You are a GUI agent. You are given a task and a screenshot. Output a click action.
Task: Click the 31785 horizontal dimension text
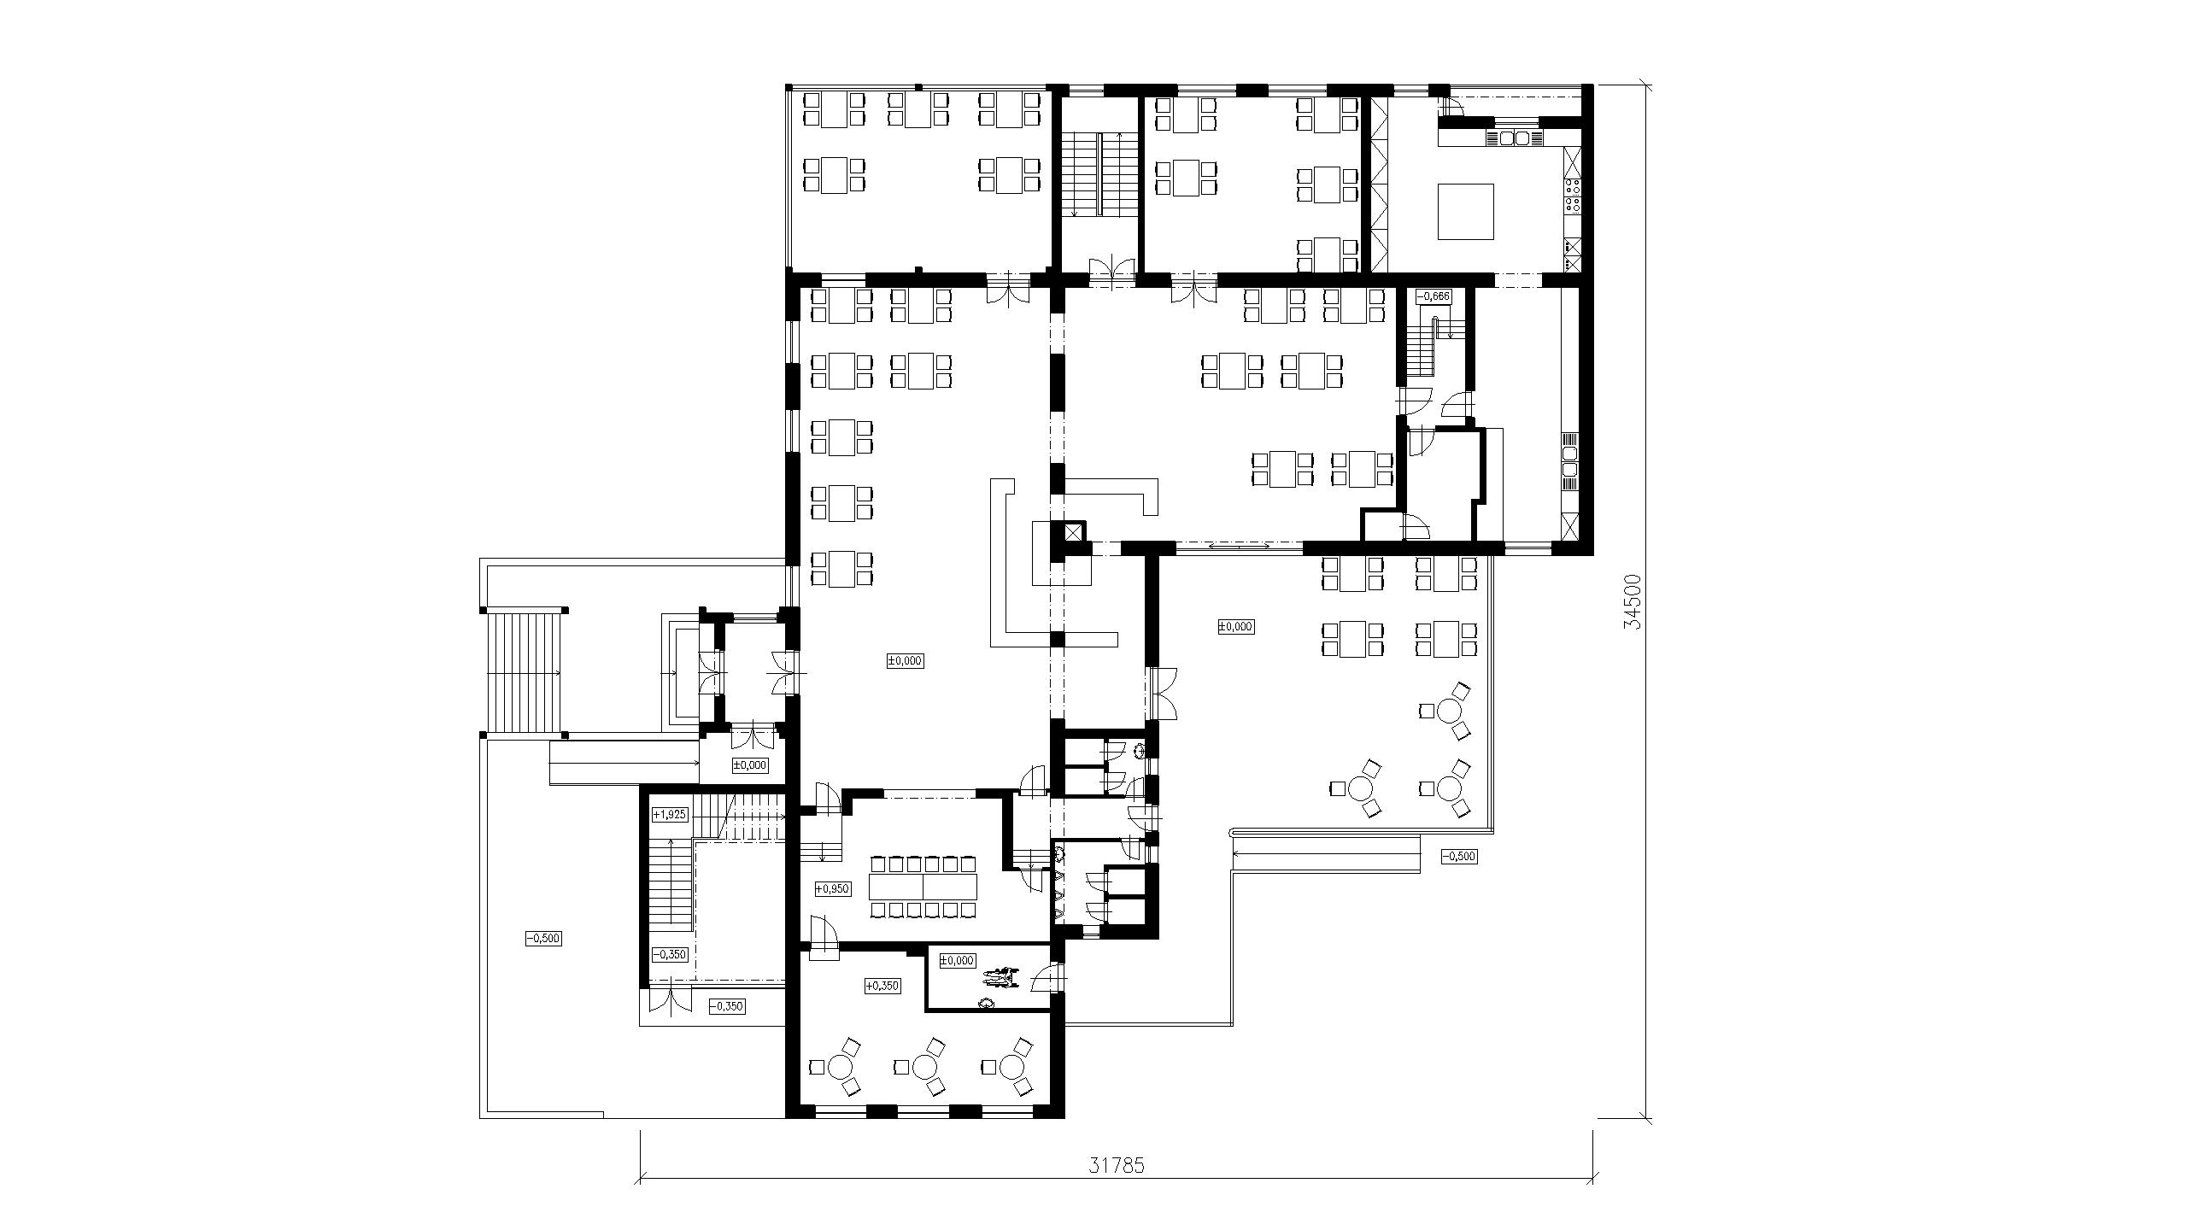click(1116, 1165)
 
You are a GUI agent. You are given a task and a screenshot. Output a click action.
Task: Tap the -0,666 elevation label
click(1433, 296)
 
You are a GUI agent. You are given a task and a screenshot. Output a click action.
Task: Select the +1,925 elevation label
click(669, 814)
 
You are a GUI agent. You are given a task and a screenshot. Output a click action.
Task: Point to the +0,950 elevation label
click(832, 889)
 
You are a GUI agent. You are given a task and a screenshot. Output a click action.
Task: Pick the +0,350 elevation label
click(882, 986)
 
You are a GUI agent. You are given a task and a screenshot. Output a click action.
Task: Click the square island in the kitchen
click(1466, 212)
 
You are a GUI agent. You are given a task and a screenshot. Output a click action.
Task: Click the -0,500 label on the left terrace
click(542, 939)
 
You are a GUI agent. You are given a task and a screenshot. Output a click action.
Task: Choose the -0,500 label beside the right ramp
click(1458, 856)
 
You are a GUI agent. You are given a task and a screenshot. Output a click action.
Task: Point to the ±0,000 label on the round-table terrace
click(1234, 627)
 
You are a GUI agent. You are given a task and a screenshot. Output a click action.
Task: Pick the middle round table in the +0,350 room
click(925, 1067)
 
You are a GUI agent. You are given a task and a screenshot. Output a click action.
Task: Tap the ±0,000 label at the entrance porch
click(749, 765)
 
